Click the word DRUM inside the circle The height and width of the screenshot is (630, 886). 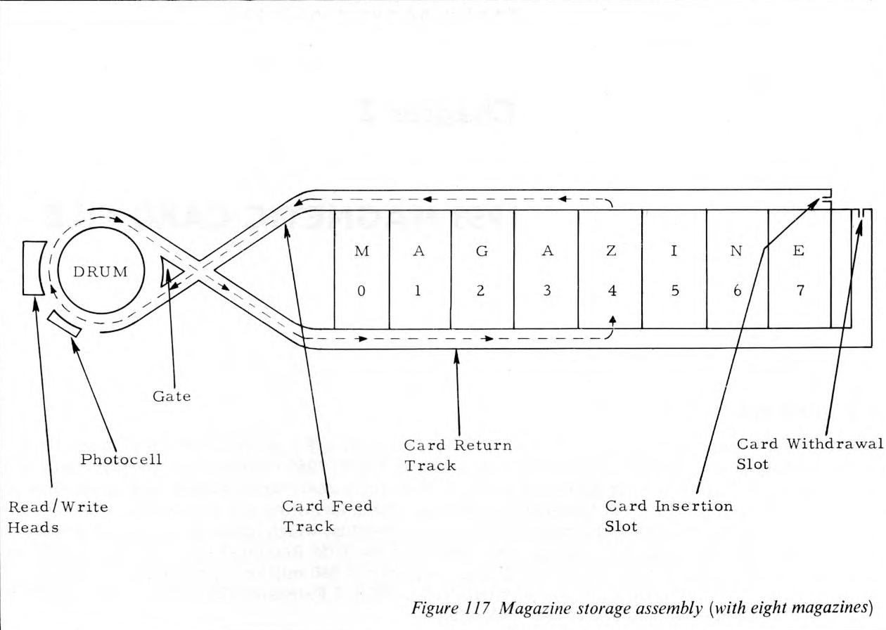click(x=101, y=272)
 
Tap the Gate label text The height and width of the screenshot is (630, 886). click(x=172, y=397)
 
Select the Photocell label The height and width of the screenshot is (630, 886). click(x=121, y=459)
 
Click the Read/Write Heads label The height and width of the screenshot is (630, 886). click(x=58, y=516)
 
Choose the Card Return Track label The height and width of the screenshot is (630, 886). click(x=458, y=455)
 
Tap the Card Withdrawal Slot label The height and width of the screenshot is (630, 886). click(x=809, y=454)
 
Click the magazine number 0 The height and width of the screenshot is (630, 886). click(x=361, y=291)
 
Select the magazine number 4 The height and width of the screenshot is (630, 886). click(x=612, y=291)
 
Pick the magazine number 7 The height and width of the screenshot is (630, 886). click(x=800, y=291)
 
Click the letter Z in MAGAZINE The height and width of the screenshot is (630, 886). click(x=611, y=252)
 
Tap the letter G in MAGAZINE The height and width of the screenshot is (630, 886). click(x=482, y=252)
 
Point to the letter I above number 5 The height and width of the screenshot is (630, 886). click(x=674, y=252)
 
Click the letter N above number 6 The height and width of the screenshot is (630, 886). click(x=737, y=252)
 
